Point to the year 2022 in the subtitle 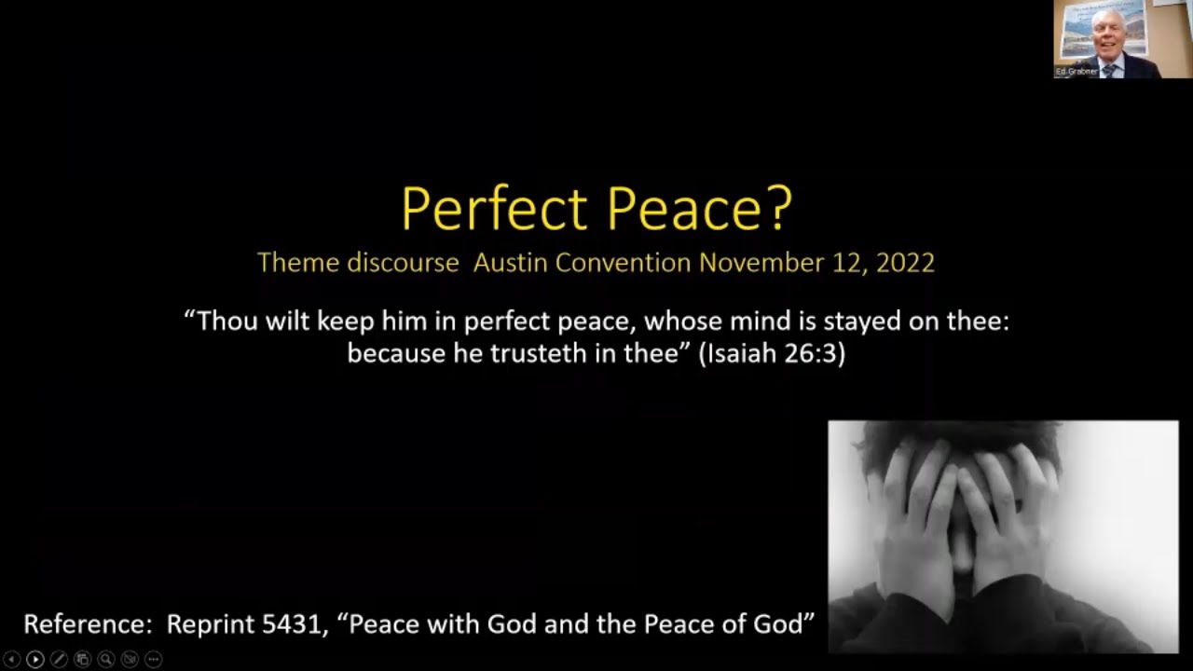coord(905,263)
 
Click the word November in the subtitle coord(761,263)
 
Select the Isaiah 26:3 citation coord(772,353)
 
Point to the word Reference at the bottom coord(88,624)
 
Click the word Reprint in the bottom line coord(211,624)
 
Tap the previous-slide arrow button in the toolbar coord(12,660)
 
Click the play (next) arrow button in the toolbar coord(35,660)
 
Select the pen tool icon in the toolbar coord(59,660)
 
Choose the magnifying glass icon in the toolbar coord(106,660)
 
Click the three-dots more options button coord(154,660)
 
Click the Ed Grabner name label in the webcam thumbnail coord(1076,72)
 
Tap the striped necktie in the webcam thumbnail coord(1109,70)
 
